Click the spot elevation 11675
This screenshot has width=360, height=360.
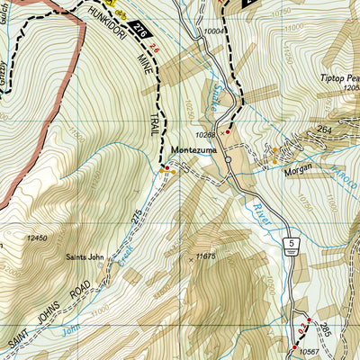[206, 257]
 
